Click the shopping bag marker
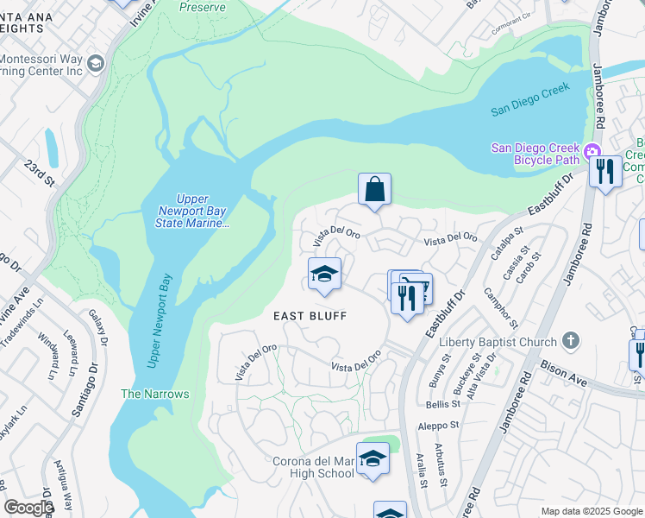[374, 190]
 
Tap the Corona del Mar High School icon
[373, 458]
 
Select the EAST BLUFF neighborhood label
[310, 316]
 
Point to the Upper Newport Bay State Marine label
[192, 217]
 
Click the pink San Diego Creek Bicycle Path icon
[592, 153]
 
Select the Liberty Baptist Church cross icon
[570, 342]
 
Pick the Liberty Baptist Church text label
[498, 342]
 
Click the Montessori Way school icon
[95, 64]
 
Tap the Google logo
[28, 508]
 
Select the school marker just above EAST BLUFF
[325, 275]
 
